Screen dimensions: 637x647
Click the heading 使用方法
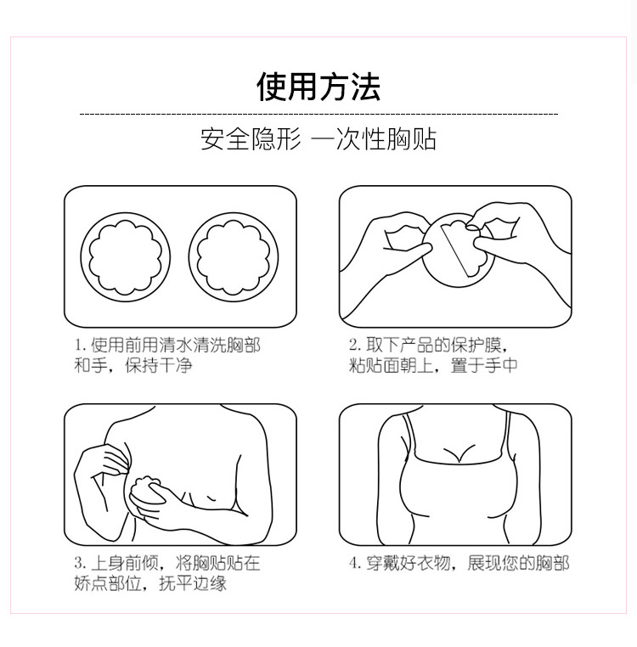pyautogui.click(x=318, y=87)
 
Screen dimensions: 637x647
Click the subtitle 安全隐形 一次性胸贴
pyautogui.click(x=318, y=139)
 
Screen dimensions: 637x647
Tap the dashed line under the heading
pyautogui.click(x=318, y=114)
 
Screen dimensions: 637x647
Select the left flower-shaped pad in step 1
pyautogui.click(x=125, y=257)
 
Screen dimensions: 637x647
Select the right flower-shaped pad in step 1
pyautogui.click(x=234, y=257)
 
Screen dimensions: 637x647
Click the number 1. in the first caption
pyautogui.click(x=80, y=345)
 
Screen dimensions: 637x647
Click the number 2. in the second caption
pyautogui.click(x=355, y=345)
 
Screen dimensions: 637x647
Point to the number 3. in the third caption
pyautogui.click(x=80, y=563)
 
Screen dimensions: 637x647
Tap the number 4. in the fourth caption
pyautogui.click(x=355, y=563)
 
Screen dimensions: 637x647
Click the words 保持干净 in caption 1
pyautogui.click(x=159, y=365)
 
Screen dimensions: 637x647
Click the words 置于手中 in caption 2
pyautogui.click(x=484, y=365)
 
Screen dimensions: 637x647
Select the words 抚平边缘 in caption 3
pyautogui.click(x=193, y=583)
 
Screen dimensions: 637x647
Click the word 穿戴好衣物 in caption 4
pyautogui.click(x=409, y=563)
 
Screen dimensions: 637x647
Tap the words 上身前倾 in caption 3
pyautogui.click(x=125, y=563)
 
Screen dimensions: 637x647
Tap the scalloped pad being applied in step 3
pyautogui.click(x=145, y=492)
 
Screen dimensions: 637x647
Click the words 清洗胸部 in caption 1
pyautogui.click(x=227, y=345)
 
